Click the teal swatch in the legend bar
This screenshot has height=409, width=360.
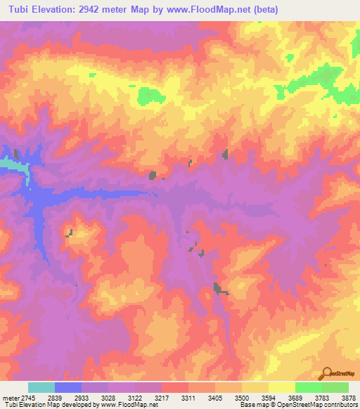click(41, 387)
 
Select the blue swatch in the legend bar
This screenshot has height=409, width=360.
click(68, 387)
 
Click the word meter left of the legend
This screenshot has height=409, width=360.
click(11, 396)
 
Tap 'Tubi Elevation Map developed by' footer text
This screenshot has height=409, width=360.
click(49, 405)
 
